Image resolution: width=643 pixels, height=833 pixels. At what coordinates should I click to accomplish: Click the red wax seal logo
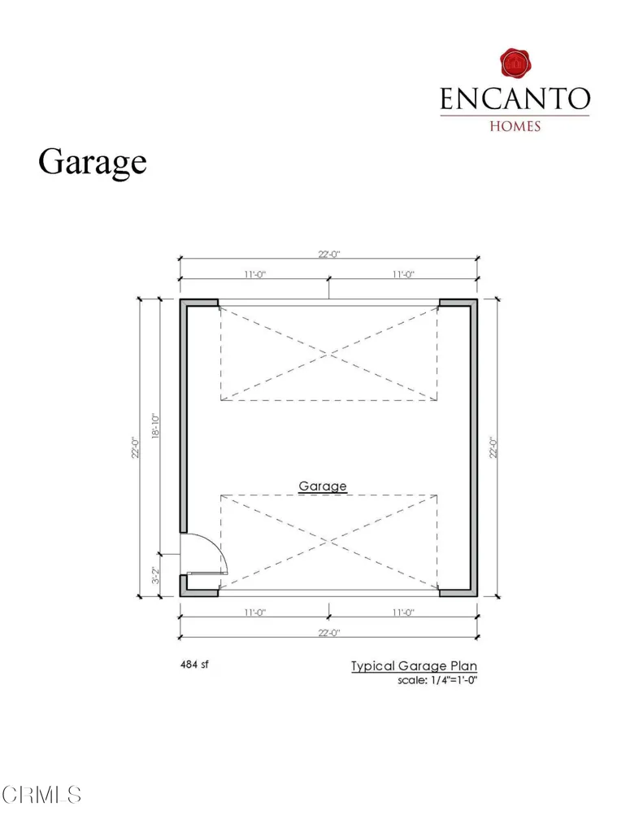(515, 63)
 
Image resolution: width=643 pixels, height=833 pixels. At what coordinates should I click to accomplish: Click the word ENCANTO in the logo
(515, 98)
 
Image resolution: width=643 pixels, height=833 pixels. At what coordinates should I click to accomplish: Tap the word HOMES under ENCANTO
(515, 126)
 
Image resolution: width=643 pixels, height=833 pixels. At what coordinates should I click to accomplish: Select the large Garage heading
(93, 162)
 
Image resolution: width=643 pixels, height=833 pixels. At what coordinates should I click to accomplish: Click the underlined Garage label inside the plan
(323, 486)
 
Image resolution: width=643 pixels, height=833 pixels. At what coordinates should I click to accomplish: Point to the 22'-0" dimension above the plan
(328, 255)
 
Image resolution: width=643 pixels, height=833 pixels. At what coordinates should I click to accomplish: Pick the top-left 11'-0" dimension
(255, 274)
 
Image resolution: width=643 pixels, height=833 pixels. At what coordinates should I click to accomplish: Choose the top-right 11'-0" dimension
(403, 274)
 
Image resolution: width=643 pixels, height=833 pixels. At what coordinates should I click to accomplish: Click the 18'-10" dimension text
(155, 425)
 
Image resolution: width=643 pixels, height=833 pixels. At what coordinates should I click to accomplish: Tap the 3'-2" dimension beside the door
(155, 575)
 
